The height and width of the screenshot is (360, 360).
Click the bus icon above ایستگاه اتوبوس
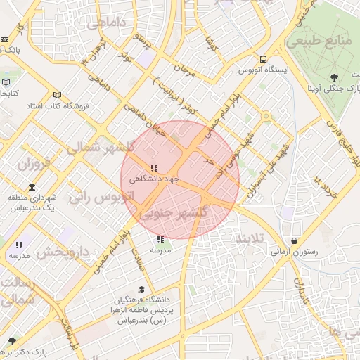point(263,60)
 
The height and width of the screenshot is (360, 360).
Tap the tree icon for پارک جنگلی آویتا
point(333,77)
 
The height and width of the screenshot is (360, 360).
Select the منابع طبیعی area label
point(325,41)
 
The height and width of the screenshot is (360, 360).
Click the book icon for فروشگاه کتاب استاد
point(57,95)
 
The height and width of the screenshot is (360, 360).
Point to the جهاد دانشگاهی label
point(154,179)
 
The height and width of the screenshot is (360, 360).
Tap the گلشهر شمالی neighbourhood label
point(98,148)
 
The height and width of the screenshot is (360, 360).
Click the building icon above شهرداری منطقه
point(32,187)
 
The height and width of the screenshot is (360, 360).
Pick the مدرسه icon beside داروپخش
point(19,245)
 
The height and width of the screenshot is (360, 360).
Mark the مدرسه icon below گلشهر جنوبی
point(161,240)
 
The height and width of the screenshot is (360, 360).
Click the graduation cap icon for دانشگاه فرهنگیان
point(141,289)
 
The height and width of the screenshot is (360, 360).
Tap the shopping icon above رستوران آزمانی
point(294,240)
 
